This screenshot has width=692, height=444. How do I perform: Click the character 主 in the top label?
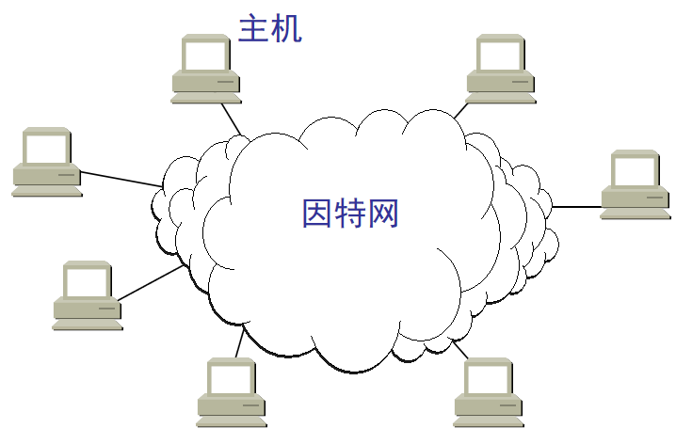coord(253,28)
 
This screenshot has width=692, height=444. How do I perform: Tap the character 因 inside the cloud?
coord(317,214)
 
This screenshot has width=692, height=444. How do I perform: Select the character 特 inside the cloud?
coord(350,214)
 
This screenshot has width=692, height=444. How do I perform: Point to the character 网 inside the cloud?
coord(383,214)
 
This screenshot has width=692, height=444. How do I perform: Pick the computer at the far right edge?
coord(636,184)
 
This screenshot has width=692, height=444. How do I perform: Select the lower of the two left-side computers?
coord(88,295)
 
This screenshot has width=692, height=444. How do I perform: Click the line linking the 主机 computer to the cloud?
coord(231,119)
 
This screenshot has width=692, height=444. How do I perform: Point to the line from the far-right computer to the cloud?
coord(576,206)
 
